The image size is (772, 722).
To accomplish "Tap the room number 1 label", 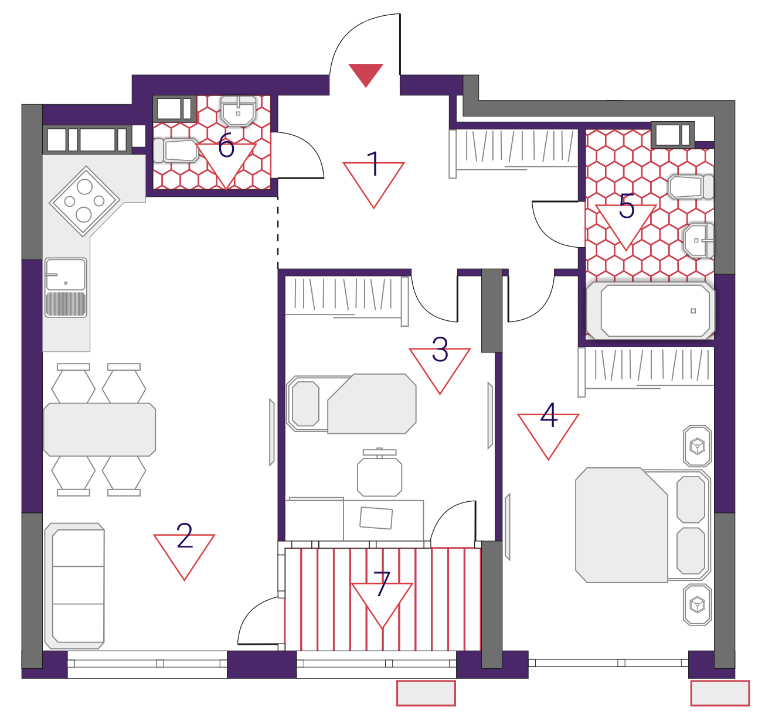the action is [x=373, y=164].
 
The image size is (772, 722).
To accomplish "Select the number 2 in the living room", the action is [x=185, y=536].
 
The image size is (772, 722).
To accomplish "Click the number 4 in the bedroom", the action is [x=549, y=415].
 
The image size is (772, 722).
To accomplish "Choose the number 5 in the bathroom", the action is [x=627, y=206].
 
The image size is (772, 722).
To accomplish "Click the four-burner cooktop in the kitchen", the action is [x=84, y=201].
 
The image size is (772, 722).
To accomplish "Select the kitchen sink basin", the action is [x=66, y=275].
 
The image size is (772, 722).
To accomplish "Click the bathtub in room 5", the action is [x=650, y=311].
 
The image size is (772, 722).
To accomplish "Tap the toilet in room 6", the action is [x=176, y=150].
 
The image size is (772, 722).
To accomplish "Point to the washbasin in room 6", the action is [x=239, y=111].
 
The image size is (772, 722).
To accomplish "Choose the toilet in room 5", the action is [x=691, y=186].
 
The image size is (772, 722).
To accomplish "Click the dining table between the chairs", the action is [x=100, y=430].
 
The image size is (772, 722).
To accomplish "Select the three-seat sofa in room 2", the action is [x=74, y=586].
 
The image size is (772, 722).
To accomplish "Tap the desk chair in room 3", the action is [x=380, y=473].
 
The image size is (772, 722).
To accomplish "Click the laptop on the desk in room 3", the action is [x=376, y=518].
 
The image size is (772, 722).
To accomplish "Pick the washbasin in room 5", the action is [x=699, y=241].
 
